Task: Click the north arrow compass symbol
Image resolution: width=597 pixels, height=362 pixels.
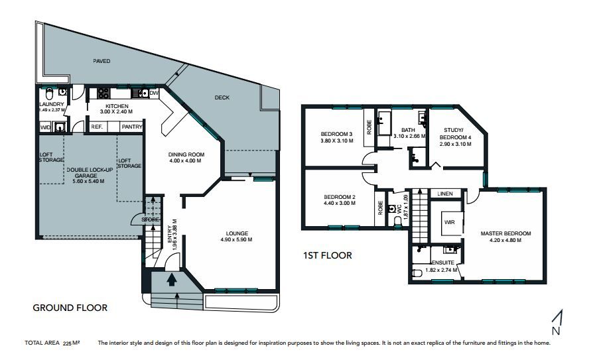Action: coord(557,322)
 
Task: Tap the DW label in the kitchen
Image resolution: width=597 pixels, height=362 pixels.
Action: coord(153,93)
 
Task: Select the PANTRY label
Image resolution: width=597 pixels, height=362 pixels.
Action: coord(132,127)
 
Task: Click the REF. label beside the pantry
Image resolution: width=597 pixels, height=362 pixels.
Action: coord(97,127)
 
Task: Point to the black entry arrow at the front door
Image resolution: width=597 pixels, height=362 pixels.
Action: coord(172,280)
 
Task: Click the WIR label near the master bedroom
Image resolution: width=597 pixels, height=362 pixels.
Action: coord(449,222)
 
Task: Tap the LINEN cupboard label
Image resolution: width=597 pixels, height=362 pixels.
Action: coord(444,194)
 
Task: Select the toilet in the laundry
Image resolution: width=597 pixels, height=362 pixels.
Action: coord(48,93)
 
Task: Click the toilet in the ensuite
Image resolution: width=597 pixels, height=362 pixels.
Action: coord(417,273)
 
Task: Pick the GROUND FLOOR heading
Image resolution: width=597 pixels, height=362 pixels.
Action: coord(70,308)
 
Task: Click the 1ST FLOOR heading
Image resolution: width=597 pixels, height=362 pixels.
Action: coord(328,255)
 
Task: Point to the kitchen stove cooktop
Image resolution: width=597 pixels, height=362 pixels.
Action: coord(103,93)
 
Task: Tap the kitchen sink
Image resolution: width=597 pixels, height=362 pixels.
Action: coord(140,93)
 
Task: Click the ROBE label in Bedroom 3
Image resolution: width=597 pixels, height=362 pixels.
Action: coord(369,127)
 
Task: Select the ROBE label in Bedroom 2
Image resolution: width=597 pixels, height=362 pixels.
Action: coord(380,208)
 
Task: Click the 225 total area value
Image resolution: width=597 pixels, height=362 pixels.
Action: coord(68,343)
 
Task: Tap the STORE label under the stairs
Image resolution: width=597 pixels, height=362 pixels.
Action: coord(151,219)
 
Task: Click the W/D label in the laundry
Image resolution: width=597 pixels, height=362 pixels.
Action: coord(45,127)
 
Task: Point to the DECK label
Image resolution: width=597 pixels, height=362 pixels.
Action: coord(222,97)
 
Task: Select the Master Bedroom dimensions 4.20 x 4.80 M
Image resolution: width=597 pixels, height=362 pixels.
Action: coord(505,240)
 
